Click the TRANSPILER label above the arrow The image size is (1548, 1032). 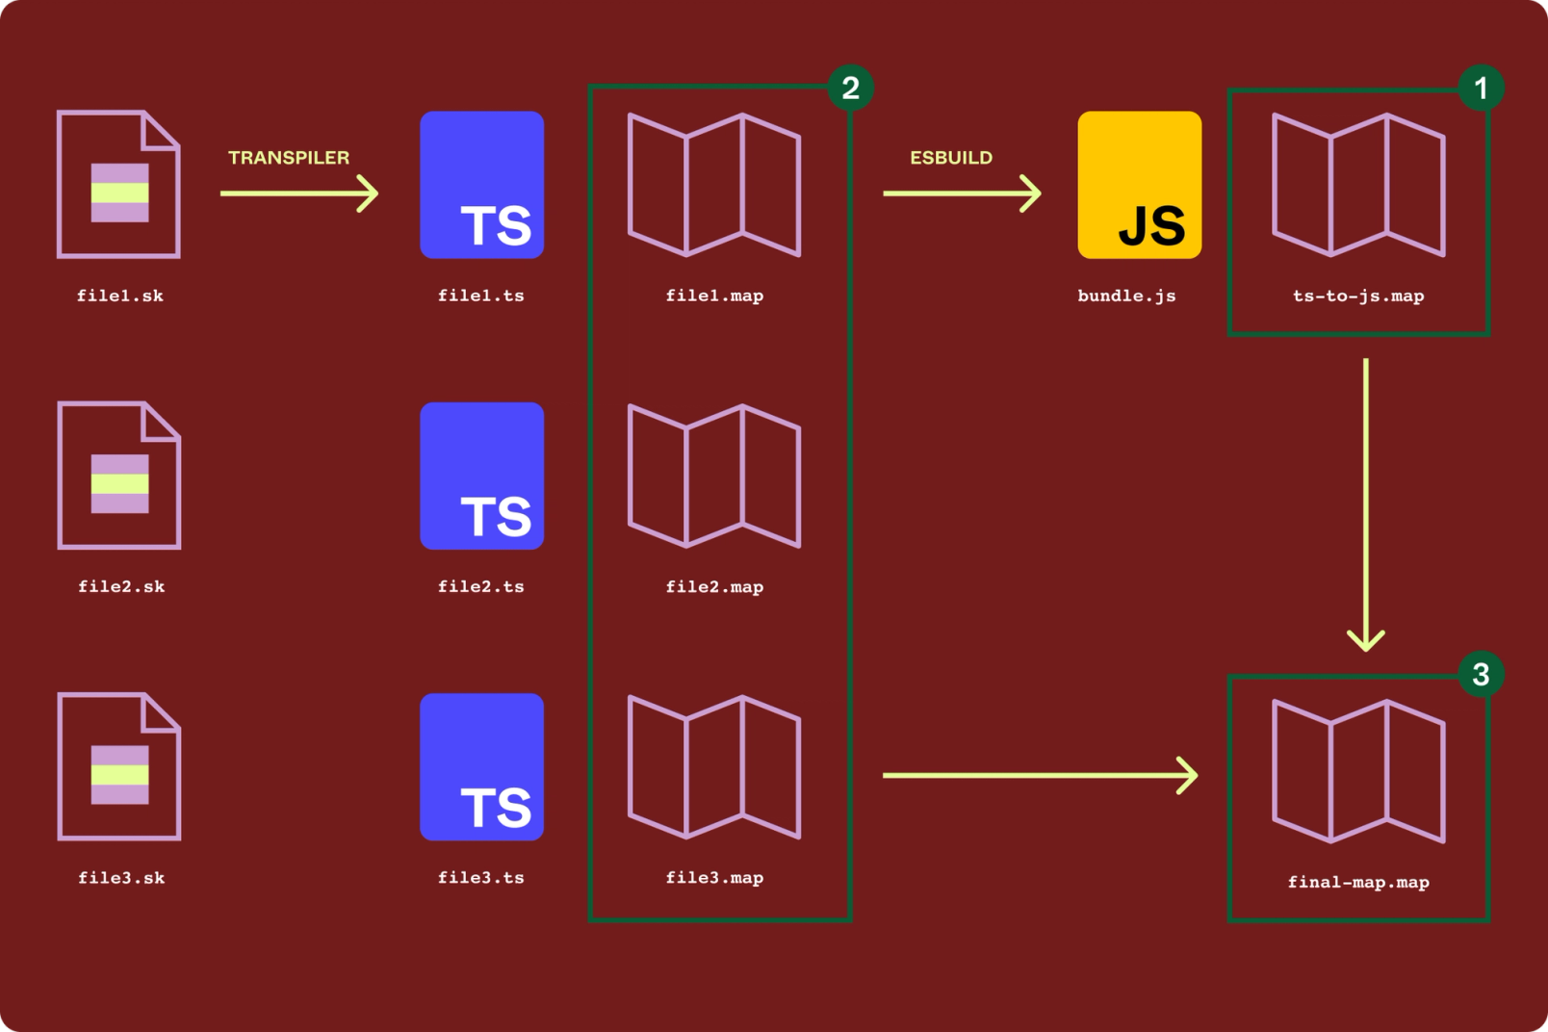click(x=289, y=158)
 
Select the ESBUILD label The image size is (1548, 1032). click(x=951, y=158)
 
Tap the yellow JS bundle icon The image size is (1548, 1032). click(x=1139, y=185)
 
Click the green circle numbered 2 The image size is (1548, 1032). click(x=850, y=89)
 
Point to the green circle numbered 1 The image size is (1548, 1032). click(x=1481, y=89)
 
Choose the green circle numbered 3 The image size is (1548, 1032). click(x=1481, y=675)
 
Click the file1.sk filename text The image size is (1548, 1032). click(x=120, y=296)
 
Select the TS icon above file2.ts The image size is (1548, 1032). click(x=481, y=476)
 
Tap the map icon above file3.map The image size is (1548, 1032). click(x=714, y=766)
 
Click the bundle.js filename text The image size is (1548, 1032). click(x=1126, y=296)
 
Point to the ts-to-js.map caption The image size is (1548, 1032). click(x=1358, y=296)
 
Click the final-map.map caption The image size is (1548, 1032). click(x=1358, y=882)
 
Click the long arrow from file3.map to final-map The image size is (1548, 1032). click(x=1040, y=775)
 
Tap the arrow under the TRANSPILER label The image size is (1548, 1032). click(x=298, y=193)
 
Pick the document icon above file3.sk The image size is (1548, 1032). click(x=119, y=766)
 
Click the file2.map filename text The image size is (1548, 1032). click(x=714, y=586)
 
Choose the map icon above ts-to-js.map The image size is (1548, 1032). click(x=1358, y=185)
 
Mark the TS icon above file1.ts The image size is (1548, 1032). click(x=481, y=185)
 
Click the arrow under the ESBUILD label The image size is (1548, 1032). click(x=962, y=193)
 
